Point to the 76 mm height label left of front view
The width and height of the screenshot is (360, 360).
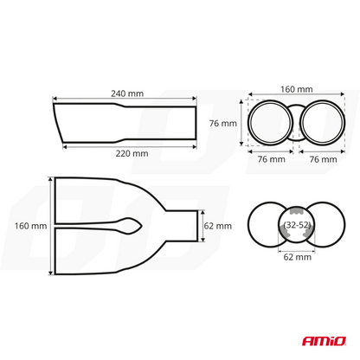click(x=222, y=124)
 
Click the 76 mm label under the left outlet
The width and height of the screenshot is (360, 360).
click(x=271, y=159)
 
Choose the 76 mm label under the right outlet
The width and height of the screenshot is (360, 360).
click(x=324, y=159)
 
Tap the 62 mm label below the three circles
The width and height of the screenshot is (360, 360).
click(x=296, y=257)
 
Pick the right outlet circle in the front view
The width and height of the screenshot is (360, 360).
click(x=322, y=124)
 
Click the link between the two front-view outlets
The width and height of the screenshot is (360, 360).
click(x=297, y=124)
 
